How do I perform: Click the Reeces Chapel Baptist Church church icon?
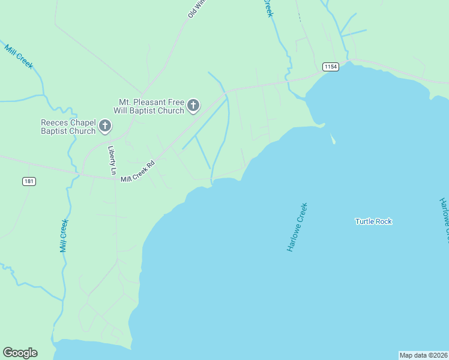pos(105,126)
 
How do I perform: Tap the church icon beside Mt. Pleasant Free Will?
pos(193,106)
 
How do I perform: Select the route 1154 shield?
pos(330,67)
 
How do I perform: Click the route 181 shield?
pos(28,181)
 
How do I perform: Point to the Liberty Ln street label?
pos(112,161)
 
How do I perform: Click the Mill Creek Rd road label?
pos(137,171)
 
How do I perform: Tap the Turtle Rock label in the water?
pos(373,221)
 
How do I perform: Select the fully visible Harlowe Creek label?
pos(297,227)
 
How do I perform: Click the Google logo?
pos(20,353)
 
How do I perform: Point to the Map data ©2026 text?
pos(423,355)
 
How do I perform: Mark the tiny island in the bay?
pos(333,139)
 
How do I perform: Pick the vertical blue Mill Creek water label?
pos(64,235)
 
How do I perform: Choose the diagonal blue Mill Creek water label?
pos(19,56)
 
